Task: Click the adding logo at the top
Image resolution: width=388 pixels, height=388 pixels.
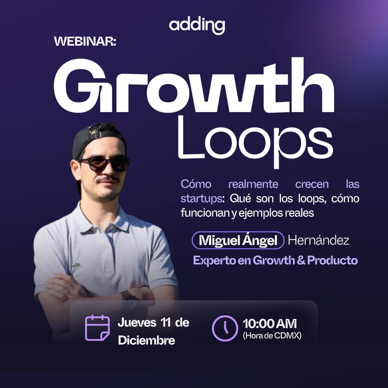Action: (197, 26)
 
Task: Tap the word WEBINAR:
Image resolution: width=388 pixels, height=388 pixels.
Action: (85, 42)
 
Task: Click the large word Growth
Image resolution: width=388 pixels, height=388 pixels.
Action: (194, 86)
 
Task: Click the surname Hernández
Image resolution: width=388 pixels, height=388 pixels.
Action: (318, 240)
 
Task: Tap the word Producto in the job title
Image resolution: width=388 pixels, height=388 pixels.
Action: (333, 260)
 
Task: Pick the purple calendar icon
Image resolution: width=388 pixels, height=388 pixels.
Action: (97, 327)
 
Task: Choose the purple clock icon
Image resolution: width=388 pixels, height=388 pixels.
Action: (224, 328)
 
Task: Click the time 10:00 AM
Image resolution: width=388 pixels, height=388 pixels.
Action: (270, 323)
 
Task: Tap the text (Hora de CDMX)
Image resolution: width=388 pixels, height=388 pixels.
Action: (272, 335)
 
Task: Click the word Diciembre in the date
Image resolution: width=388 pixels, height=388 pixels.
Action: (146, 340)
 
